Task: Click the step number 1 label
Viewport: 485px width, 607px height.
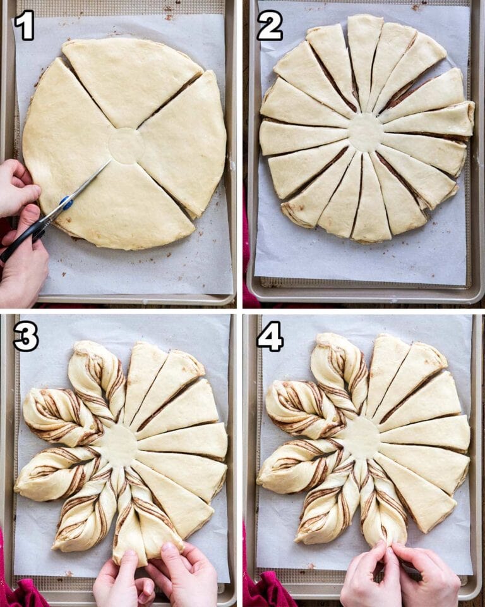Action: (x=25, y=25)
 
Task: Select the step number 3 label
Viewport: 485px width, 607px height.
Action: (x=25, y=336)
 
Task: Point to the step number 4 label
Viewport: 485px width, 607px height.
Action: (x=270, y=336)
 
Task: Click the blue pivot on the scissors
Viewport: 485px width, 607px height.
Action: (x=66, y=202)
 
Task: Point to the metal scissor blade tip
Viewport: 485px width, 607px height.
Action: (x=111, y=161)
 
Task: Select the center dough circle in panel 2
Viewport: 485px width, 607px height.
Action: (x=366, y=133)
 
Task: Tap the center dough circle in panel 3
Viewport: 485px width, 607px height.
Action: (x=119, y=445)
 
